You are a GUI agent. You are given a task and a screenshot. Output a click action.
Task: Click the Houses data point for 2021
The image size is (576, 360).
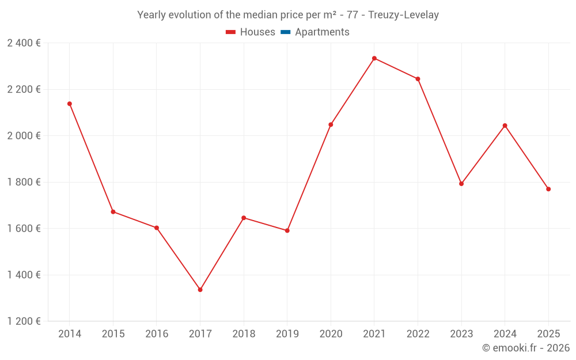coord(374,58)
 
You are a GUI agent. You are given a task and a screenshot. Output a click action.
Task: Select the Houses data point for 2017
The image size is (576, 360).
coord(200,290)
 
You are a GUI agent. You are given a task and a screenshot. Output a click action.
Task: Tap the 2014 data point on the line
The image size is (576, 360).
coord(70,104)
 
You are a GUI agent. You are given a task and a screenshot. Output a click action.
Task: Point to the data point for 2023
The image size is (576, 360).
coord(461,184)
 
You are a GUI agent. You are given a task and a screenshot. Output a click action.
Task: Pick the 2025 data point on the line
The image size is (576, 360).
coord(548,189)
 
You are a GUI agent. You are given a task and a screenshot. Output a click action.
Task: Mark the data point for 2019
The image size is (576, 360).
coord(287,230)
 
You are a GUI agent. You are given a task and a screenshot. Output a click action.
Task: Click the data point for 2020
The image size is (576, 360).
coord(331,124)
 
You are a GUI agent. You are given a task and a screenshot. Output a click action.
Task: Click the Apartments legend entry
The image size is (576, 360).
coord(322,32)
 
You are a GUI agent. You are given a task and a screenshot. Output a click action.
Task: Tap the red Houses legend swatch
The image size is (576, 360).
coord(231,32)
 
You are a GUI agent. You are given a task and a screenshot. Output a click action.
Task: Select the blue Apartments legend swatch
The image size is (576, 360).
coord(286,32)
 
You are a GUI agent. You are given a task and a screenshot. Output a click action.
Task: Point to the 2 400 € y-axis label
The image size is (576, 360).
coord(24,43)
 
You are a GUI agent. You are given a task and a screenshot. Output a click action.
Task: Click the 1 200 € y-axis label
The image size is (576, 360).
coord(24,321)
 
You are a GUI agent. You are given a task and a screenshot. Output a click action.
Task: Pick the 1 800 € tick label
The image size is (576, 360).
coord(24,182)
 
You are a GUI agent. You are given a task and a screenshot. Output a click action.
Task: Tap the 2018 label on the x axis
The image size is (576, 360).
coord(244,334)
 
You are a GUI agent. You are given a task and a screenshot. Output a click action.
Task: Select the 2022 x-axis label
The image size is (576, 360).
coord(418,334)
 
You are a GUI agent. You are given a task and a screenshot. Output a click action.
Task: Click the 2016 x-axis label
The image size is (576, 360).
coord(157,334)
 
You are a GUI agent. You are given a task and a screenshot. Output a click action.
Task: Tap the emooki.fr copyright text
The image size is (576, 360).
coord(526,348)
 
